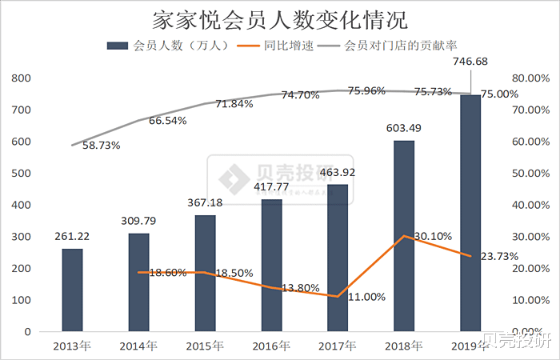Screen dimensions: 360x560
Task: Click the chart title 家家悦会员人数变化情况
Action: coord(279,18)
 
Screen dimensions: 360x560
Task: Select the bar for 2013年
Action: coord(72,290)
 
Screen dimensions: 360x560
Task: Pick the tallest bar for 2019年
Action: coord(470,213)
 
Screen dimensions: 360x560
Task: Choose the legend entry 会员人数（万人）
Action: coord(169,46)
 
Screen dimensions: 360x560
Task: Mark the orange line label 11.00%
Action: coord(366,297)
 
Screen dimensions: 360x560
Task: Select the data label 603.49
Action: coord(404,128)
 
